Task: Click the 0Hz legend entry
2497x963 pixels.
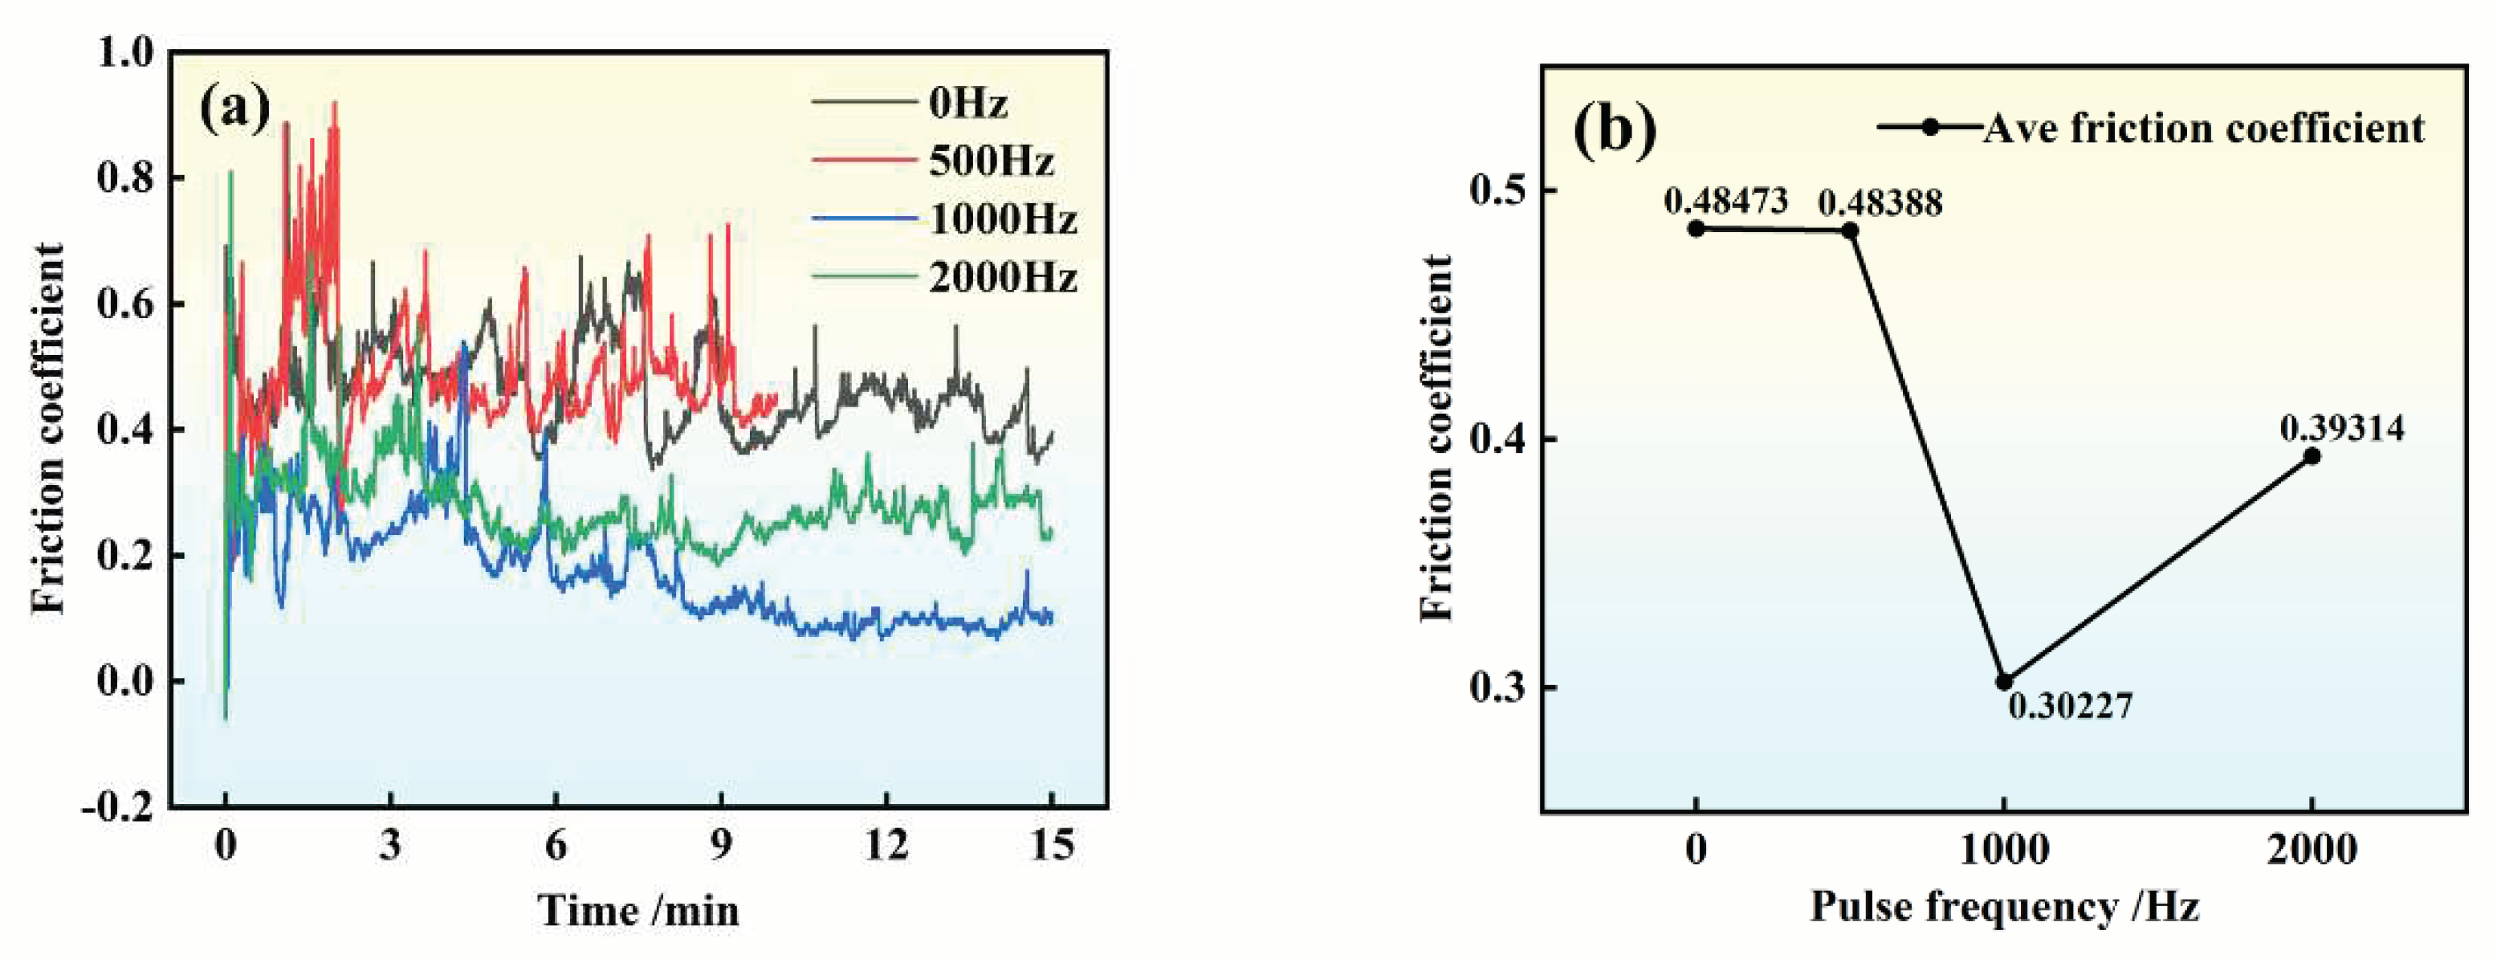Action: [967, 103]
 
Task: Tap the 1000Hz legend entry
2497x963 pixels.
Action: [1002, 219]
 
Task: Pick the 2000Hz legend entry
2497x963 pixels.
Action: [1002, 279]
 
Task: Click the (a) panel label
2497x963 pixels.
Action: [234, 108]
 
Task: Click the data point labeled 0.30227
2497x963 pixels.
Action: [2003, 682]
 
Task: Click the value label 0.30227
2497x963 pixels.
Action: [2071, 706]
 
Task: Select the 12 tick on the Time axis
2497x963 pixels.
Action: [886, 846]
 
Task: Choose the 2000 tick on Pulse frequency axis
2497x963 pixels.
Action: [2312, 851]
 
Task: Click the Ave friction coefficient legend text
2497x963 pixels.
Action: [2202, 128]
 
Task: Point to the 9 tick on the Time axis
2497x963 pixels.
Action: [720, 846]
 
